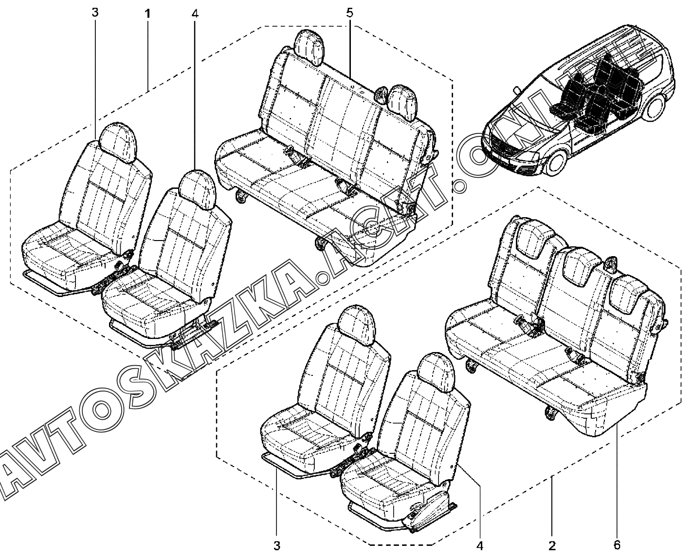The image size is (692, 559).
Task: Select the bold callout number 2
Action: (x=552, y=546)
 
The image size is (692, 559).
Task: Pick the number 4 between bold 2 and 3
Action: (x=480, y=546)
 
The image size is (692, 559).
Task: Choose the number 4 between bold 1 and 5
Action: (x=195, y=14)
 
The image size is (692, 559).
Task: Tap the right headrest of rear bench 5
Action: (x=403, y=102)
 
